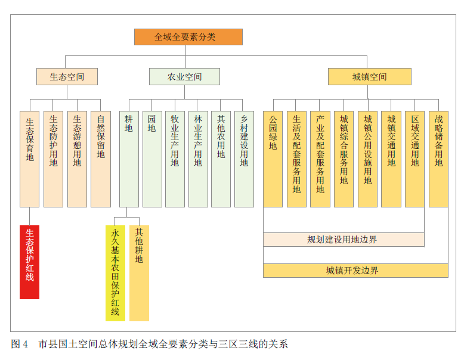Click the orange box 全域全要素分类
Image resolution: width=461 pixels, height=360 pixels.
(x=188, y=37)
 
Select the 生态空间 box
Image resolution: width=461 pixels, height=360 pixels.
(x=67, y=77)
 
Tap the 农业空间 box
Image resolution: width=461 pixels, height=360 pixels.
(x=184, y=77)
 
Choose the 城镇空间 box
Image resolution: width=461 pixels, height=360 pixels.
(x=370, y=77)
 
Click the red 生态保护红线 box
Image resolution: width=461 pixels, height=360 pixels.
(x=29, y=262)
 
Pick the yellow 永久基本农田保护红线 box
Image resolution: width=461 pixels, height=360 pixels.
(x=115, y=273)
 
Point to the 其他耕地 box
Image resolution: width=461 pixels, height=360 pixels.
(x=139, y=273)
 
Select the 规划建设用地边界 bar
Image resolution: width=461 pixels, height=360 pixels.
(x=344, y=240)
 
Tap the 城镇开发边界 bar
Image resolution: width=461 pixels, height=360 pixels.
(x=356, y=271)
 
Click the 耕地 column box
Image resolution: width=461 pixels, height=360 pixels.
(x=129, y=159)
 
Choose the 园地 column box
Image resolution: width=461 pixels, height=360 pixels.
(x=152, y=159)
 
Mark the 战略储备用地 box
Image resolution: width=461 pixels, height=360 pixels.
(x=439, y=159)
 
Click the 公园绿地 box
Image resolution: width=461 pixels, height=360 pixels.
(x=273, y=159)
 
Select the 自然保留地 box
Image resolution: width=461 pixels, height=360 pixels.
(x=101, y=159)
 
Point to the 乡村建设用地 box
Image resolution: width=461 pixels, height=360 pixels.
(x=245, y=159)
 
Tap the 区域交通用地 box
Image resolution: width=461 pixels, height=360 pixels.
(x=415, y=159)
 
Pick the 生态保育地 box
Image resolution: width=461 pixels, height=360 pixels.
(x=29, y=159)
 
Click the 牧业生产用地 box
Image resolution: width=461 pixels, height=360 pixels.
(x=175, y=159)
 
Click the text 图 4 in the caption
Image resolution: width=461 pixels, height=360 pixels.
(x=20, y=344)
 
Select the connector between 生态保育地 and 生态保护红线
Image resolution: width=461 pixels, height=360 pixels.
(x=29, y=216)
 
